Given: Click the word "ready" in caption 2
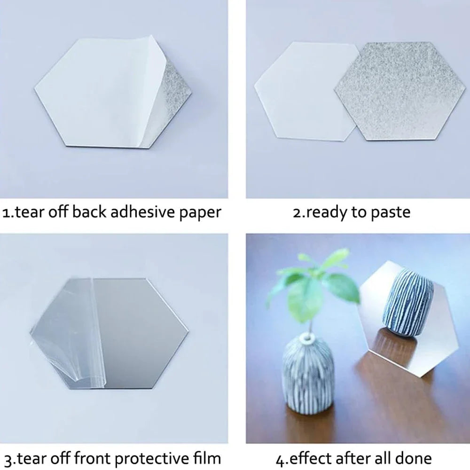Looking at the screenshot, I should [x=327, y=212].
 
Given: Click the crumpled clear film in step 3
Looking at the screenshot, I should [x=68, y=329].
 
